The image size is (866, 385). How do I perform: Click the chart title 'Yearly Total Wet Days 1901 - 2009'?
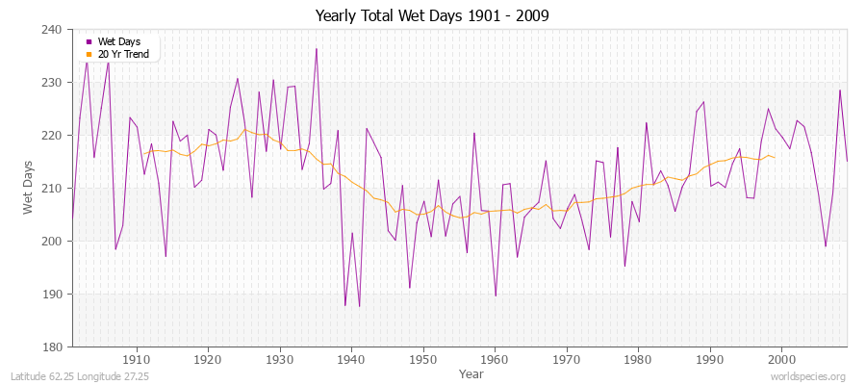point(433,16)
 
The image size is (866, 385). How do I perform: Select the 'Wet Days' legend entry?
point(118,41)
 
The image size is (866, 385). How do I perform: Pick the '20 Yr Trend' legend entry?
point(122,53)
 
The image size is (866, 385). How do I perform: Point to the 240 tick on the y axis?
point(54,30)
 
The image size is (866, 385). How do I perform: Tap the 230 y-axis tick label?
point(54,83)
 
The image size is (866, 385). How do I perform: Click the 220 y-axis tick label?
point(54,136)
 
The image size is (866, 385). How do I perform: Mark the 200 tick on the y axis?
point(54,242)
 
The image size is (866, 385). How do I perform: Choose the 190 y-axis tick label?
point(54,295)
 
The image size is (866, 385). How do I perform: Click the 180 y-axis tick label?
point(54,346)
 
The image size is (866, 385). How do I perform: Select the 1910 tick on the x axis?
point(137,360)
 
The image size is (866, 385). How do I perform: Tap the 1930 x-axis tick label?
point(280,360)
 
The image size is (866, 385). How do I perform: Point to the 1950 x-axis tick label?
point(423,360)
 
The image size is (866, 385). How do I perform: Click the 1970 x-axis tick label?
point(566,360)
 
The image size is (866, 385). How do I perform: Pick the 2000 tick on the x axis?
point(781,360)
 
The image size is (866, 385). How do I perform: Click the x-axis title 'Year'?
point(471,372)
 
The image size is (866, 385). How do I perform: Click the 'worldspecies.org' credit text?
point(808,376)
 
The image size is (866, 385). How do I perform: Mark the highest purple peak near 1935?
point(316,48)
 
